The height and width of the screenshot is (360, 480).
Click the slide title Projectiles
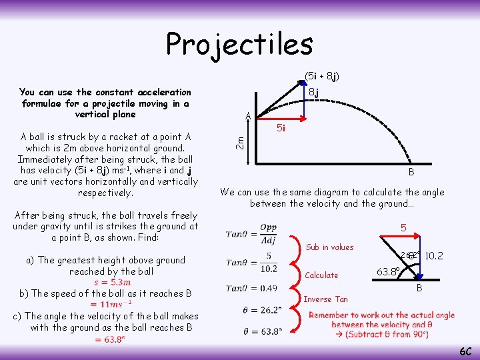[x=239, y=44]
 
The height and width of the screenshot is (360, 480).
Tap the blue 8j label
[x=313, y=92]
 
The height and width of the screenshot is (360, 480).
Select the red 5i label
[x=281, y=128]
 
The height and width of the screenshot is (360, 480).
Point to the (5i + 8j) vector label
[x=321, y=76]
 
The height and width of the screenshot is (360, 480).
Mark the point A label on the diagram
[x=247, y=116]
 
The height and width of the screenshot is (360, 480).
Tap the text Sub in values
[x=329, y=247]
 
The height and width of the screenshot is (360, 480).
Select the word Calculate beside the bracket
[x=321, y=275]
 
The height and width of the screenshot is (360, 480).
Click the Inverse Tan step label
[x=326, y=299]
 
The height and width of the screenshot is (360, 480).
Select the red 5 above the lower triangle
[x=403, y=228]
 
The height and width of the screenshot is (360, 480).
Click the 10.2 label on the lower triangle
[x=434, y=256]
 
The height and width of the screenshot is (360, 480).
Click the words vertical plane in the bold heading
[x=105, y=115]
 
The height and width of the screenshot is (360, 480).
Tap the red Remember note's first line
[x=381, y=315]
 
